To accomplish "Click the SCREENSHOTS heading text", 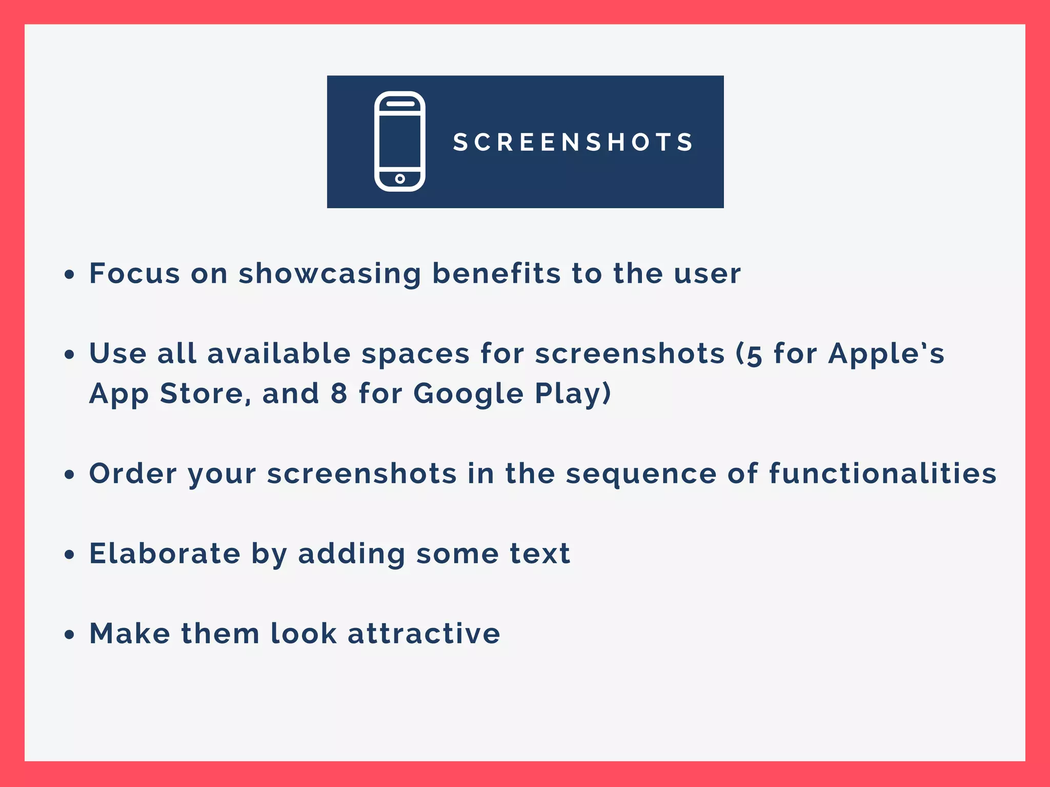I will pyautogui.click(x=573, y=142).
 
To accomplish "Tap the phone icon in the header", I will pyautogui.click(x=400, y=141).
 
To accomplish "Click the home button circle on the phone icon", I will pyautogui.click(x=400, y=179).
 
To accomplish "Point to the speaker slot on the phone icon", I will pyautogui.click(x=400, y=103).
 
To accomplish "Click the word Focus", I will pyautogui.click(x=134, y=273).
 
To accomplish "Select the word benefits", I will pyautogui.click(x=496, y=273).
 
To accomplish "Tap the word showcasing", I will pyautogui.click(x=330, y=274).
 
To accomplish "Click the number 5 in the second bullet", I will pyautogui.click(x=754, y=355).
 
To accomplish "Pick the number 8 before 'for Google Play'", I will pyautogui.click(x=339, y=394).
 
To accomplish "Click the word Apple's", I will pyautogui.click(x=886, y=354).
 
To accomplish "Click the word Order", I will pyautogui.click(x=133, y=473).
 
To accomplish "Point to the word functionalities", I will pyautogui.click(x=882, y=473).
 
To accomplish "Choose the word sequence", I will pyautogui.click(x=641, y=474).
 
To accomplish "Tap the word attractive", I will pyautogui.click(x=423, y=633).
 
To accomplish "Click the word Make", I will pyautogui.click(x=130, y=633).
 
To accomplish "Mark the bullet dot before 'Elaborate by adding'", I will pyautogui.click(x=69, y=555).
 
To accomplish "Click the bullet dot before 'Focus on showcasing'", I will pyautogui.click(x=69, y=274).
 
